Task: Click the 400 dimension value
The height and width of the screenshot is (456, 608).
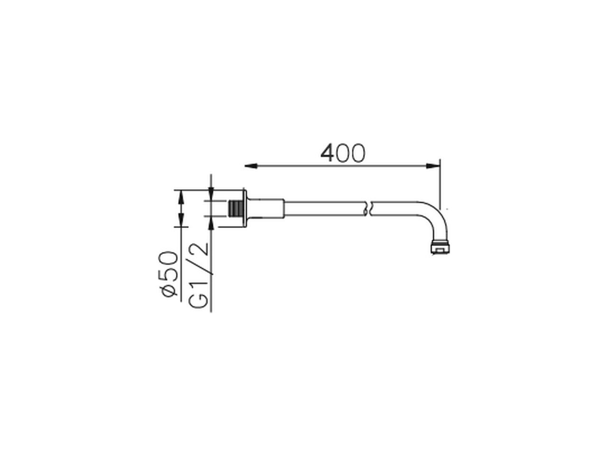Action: pyautogui.click(x=342, y=152)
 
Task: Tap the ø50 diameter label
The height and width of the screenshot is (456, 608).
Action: pyautogui.click(x=168, y=274)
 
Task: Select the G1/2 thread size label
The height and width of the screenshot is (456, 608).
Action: pyautogui.click(x=199, y=275)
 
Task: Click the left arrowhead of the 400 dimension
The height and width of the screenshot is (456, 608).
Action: pyautogui.click(x=251, y=166)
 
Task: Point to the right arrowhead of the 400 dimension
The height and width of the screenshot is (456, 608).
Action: pyautogui.click(x=433, y=166)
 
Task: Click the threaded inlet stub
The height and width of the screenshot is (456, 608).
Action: pyautogui.click(x=236, y=209)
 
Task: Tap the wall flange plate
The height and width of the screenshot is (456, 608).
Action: pyautogui.click(x=245, y=209)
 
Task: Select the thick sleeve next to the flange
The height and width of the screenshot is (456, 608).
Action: pyautogui.click(x=266, y=209)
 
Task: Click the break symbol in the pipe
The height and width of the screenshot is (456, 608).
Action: pyautogui.click(x=368, y=209)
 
